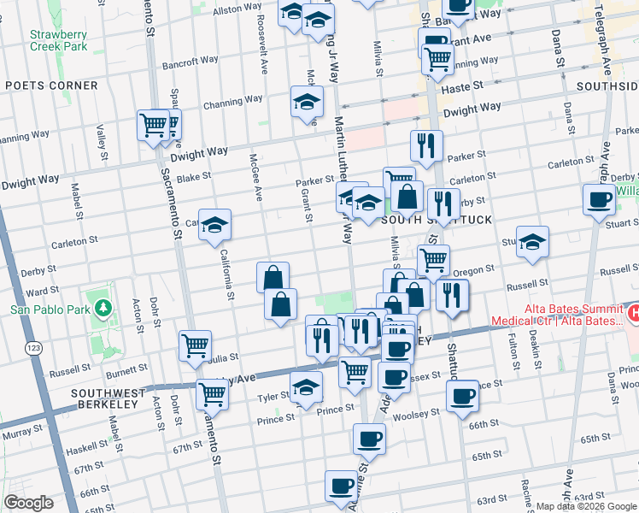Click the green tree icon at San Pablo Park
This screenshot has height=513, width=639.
click(103, 307)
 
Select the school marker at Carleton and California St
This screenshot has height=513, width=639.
click(215, 225)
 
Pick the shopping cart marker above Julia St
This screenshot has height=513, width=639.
click(195, 345)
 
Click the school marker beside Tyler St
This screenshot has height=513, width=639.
click(306, 386)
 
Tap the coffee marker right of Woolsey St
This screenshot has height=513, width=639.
click(462, 396)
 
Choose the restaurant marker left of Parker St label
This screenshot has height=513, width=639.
click(425, 144)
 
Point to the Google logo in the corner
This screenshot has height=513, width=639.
click(28, 503)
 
